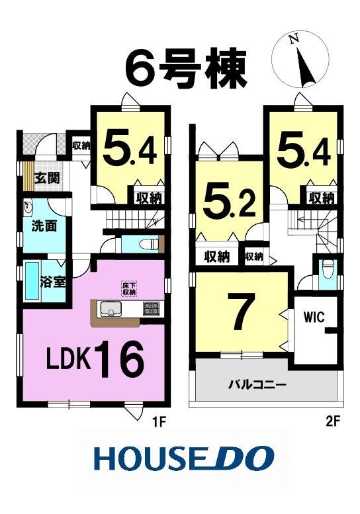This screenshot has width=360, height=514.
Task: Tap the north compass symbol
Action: point(301,62)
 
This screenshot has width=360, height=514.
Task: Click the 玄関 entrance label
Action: point(47,179)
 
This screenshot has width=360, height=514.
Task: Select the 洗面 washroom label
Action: point(44,226)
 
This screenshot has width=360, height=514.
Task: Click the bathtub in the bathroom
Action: point(32,280)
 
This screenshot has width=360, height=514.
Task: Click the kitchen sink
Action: point(111,309)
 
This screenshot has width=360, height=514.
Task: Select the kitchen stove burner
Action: point(150,309)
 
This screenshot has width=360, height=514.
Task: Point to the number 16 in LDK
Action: point(119,359)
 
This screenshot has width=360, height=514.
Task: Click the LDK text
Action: point(68,359)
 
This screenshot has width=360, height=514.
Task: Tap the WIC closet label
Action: point(314,318)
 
